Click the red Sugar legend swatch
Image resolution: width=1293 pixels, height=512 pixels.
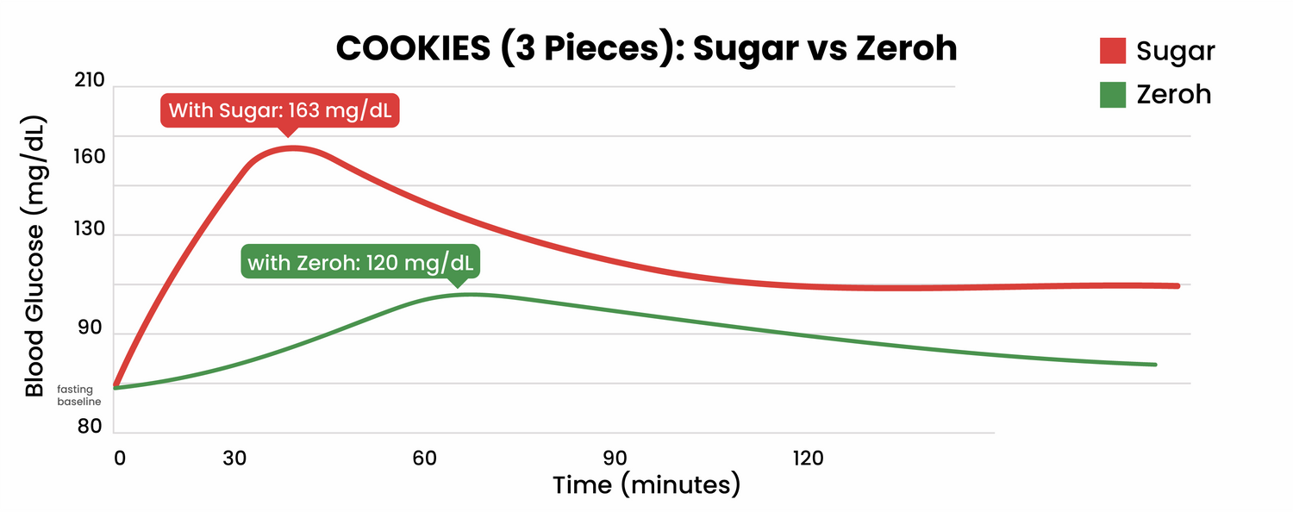(x=1114, y=51)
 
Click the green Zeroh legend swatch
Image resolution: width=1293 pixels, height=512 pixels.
(x=1114, y=94)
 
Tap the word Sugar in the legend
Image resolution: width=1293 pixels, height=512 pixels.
(x=1175, y=51)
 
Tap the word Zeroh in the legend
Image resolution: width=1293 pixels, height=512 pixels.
(x=1173, y=94)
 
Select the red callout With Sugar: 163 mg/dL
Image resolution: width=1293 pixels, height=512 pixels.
(x=280, y=111)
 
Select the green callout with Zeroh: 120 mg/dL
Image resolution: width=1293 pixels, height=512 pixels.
(x=359, y=262)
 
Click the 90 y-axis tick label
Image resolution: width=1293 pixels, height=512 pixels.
(x=89, y=329)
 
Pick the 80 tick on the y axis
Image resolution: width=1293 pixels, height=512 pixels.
(x=89, y=427)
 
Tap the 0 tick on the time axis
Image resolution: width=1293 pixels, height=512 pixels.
(x=119, y=459)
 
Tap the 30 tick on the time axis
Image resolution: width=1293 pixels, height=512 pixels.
(x=235, y=459)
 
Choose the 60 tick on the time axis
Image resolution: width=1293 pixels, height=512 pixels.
(x=424, y=459)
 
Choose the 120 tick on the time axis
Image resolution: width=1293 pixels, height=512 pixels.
(x=807, y=459)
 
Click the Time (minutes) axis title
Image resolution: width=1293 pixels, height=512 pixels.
(x=646, y=484)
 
